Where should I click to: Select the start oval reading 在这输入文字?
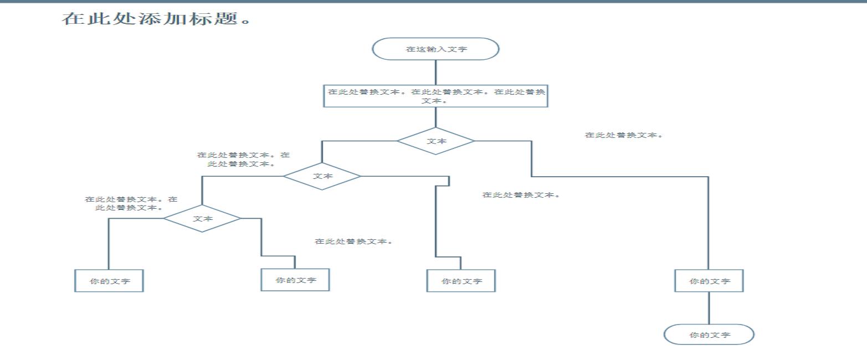click(x=435, y=49)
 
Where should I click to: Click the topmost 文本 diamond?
click(x=435, y=141)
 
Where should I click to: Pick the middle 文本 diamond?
click(x=322, y=176)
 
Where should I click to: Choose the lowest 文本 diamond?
click(x=202, y=218)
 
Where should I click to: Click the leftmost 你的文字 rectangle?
click(x=109, y=281)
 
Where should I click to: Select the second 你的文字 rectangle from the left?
click(x=295, y=280)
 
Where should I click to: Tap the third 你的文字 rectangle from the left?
click(x=461, y=281)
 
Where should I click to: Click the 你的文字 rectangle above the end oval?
click(x=709, y=281)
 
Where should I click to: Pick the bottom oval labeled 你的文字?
click(x=709, y=335)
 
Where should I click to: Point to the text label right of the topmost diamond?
click(x=624, y=135)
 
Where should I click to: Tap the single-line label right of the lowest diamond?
click(x=353, y=241)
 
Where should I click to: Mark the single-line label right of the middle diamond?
click(x=521, y=195)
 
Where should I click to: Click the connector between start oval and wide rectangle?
click(x=435, y=72)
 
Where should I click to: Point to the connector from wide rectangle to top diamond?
click(x=435, y=117)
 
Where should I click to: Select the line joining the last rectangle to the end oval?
click(x=709, y=308)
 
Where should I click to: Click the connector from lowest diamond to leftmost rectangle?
click(x=109, y=244)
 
